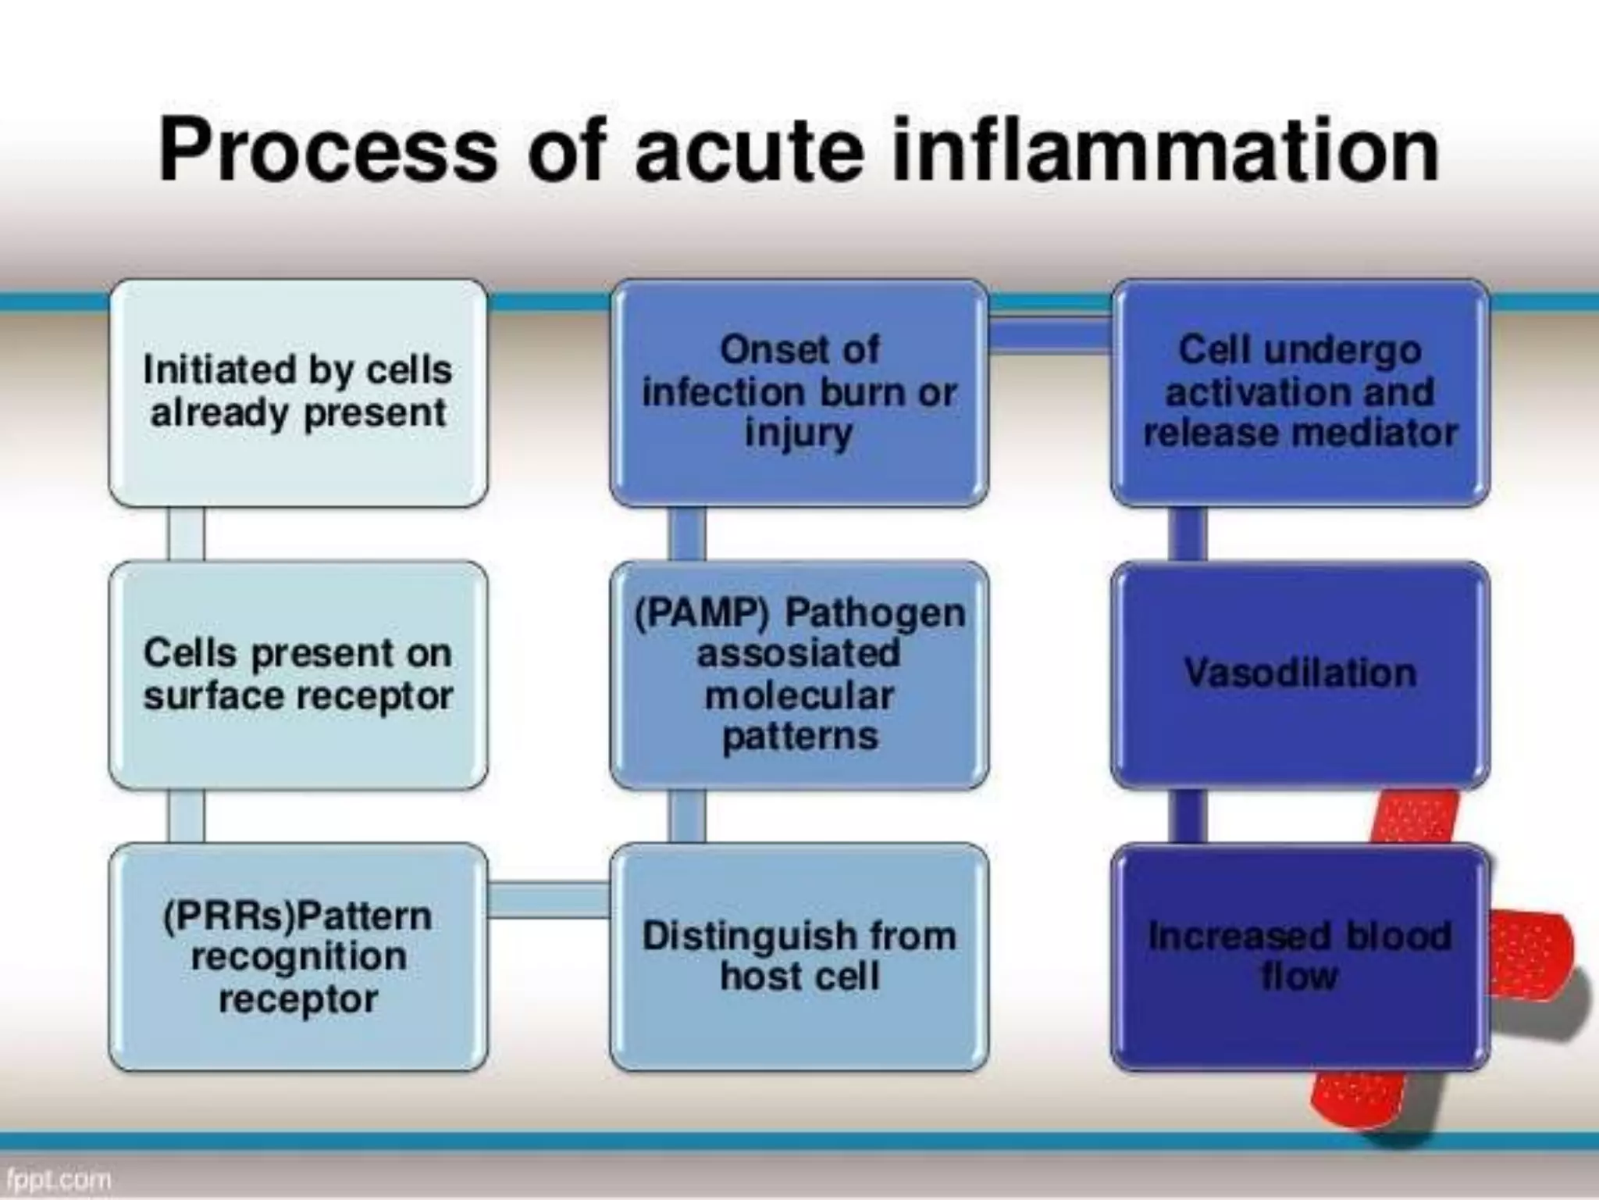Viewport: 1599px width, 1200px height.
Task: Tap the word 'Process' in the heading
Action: pos(328,148)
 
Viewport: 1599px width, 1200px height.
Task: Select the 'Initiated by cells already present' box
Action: pos(298,393)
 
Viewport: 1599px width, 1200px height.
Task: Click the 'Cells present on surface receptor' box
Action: pos(298,675)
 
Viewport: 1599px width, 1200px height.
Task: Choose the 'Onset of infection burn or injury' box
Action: pos(799,393)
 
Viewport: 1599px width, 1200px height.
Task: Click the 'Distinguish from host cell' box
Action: pos(799,956)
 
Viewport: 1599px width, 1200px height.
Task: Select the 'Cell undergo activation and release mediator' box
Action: pos(1300,393)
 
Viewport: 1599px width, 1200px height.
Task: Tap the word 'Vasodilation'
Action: pos(1300,673)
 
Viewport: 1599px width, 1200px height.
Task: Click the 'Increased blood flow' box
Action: pos(1300,956)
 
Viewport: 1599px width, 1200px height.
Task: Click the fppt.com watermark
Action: pos(58,1179)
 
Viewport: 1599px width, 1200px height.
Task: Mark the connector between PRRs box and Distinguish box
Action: pos(549,898)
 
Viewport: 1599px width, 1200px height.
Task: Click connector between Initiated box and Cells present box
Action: pos(186,534)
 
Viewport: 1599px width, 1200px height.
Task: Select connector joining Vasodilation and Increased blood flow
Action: pos(1187,816)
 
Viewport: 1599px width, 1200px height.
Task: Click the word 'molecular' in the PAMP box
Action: pos(799,695)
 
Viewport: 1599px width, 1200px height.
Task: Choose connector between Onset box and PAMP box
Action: pos(686,534)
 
